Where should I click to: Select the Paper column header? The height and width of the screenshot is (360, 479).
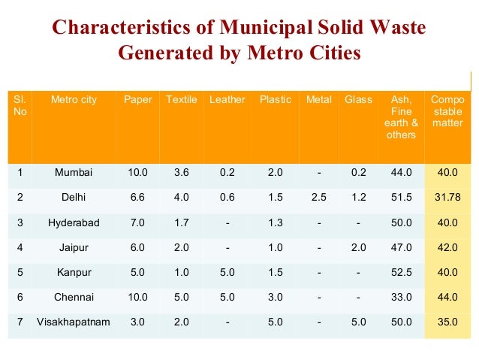(x=138, y=100)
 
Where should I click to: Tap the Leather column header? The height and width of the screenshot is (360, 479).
(x=227, y=100)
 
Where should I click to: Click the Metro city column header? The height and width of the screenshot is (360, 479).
(x=74, y=100)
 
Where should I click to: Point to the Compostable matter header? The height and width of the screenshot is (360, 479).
(x=447, y=111)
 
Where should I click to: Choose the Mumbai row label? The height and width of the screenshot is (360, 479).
(x=74, y=172)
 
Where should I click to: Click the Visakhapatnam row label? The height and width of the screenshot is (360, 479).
(x=74, y=322)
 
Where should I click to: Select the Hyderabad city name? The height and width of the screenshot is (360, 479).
(x=74, y=222)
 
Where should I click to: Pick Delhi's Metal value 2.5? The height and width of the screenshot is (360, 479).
(x=319, y=197)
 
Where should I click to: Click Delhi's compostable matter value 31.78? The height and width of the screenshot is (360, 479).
(x=447, y=197)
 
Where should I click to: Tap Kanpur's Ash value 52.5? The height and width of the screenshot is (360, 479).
(x=402, y=272)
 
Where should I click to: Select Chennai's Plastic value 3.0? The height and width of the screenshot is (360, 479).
(x=275, y=297)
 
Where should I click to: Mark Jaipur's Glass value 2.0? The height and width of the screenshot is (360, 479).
(x=358, y=247)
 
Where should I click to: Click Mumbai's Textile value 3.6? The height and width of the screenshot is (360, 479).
(x=182, y=172)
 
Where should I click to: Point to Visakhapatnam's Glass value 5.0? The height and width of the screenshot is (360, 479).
(x=358, y=322)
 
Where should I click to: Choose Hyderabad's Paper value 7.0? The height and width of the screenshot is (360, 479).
(x=138, y=222)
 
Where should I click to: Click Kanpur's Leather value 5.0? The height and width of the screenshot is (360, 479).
(x=227, y=272)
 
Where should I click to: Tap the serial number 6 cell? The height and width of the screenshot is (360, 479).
(x=20, y=297)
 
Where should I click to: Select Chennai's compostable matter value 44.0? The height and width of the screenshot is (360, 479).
(x=447, y=297)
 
